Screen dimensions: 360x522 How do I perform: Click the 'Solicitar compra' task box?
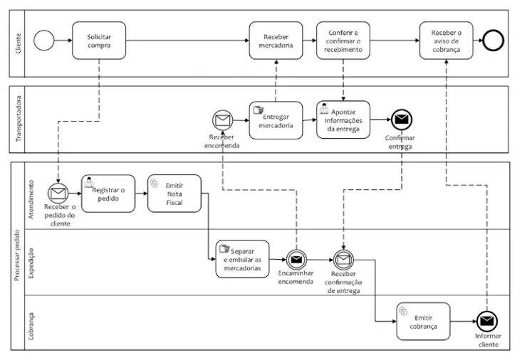98,41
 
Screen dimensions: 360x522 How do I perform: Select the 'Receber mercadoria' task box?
276,41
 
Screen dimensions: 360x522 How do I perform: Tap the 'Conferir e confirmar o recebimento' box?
345,41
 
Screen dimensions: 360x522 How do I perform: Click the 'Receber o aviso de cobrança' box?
446,41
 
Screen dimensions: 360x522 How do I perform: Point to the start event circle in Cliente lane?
44,41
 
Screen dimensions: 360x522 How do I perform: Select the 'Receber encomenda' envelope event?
223,121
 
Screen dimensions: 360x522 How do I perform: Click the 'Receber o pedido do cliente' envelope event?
56,193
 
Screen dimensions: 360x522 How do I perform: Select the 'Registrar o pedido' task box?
108,194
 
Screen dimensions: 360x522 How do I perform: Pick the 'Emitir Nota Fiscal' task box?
174,194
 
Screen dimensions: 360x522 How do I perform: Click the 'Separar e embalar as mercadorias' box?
243,258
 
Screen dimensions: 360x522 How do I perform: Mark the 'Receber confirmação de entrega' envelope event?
344,260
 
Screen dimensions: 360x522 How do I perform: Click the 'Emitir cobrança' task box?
424,322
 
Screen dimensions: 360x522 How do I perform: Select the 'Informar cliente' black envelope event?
487,322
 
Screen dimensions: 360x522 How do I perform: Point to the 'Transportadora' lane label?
19,121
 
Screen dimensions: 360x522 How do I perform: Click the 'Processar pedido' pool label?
17,255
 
